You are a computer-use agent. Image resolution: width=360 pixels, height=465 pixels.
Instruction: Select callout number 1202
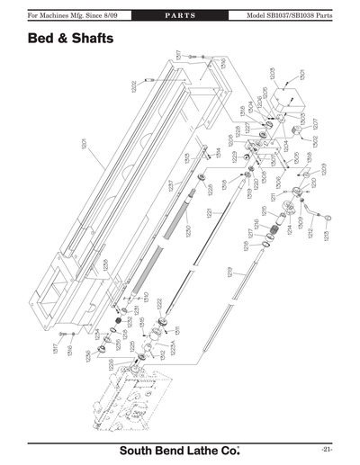[x=134, y=86]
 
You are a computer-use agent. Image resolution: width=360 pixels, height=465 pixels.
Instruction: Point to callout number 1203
[x=272, y=72]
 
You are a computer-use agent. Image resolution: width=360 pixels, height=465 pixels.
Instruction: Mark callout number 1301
[x=302, y=76]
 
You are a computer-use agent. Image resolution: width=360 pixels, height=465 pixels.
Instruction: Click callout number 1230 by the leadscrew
[x=188, y=230]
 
